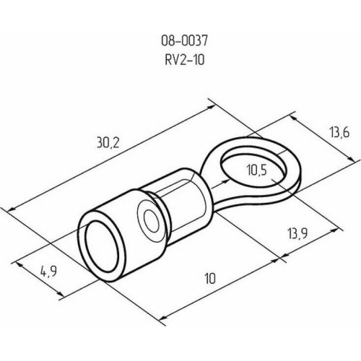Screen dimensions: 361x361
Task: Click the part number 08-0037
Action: (184, 40)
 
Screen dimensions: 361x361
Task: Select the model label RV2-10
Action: (185, 59)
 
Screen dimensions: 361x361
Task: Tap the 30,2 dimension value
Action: (108, 142)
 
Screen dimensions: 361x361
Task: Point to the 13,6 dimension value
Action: (339, 132)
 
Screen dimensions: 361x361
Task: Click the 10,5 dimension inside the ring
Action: (257, 170)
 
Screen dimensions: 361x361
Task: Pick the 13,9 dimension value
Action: (297, 233)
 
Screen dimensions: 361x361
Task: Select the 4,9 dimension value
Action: (48, 272)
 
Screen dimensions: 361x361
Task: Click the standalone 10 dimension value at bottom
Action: (210, 279)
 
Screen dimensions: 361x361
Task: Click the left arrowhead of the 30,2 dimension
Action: (12, 209)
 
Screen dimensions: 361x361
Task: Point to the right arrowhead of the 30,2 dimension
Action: (210, 107)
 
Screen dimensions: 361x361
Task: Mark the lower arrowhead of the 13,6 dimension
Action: (351, 159)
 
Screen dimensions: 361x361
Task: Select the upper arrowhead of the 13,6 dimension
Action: (294, 118)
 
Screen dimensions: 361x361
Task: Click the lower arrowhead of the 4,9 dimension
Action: (60, 295)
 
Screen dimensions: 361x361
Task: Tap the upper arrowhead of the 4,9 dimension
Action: (20, 264)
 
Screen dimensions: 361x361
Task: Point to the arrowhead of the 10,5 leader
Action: (226, 181)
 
